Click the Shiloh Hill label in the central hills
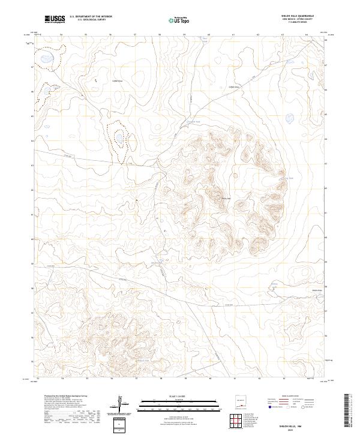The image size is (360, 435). coord(226,199)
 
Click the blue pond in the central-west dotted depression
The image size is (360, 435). coord(120,137)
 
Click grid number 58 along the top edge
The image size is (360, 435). coord(160,35)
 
